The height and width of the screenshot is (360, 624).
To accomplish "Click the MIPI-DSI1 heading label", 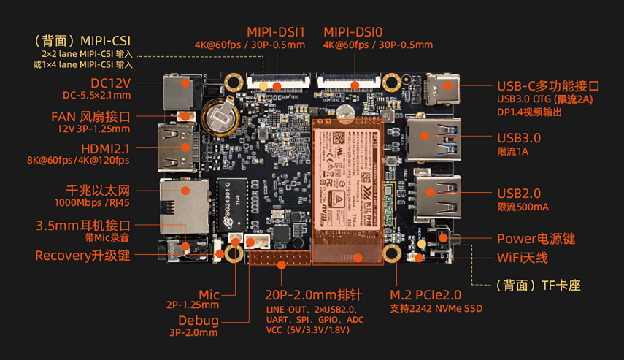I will click(275, 32).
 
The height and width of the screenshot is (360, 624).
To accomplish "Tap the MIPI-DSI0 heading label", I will click(355, 32).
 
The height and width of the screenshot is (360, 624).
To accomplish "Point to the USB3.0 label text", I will click(519, 138).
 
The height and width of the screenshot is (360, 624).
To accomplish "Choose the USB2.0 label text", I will click(519, 194).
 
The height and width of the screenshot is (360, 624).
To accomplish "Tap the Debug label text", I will click(199, 321).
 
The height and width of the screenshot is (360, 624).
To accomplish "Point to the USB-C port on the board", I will click(445, 91).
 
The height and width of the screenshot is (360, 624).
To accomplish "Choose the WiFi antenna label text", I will click(522, 258).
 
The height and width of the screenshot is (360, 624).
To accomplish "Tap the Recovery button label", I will click(82, 256).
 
